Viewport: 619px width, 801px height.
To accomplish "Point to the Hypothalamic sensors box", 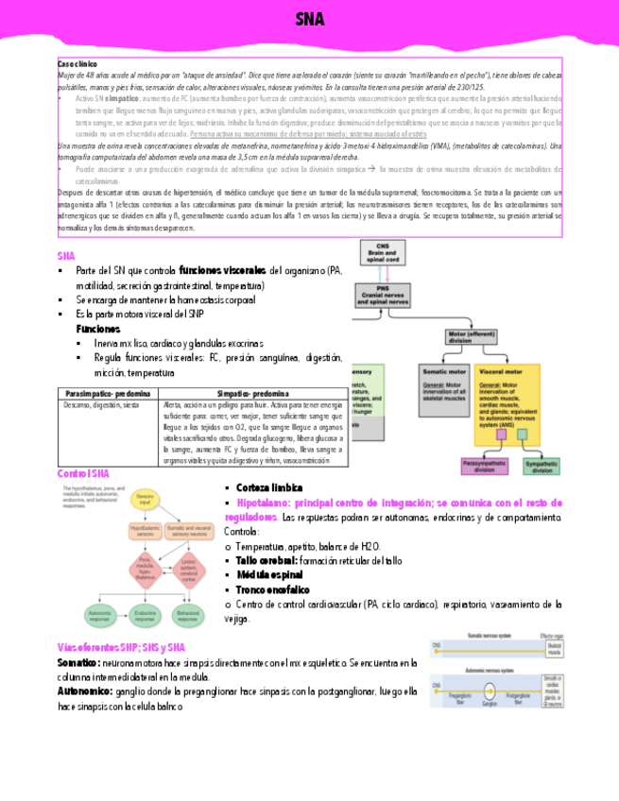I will pyautogui.click(x=145, y=532).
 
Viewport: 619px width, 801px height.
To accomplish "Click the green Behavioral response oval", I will pyautogui.click(x=191, y=614).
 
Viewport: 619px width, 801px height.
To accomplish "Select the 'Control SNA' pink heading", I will pyautogui.click(x=83, y=472).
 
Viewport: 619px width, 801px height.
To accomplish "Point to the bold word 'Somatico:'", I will pyautogui.click(x=77, y=664).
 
